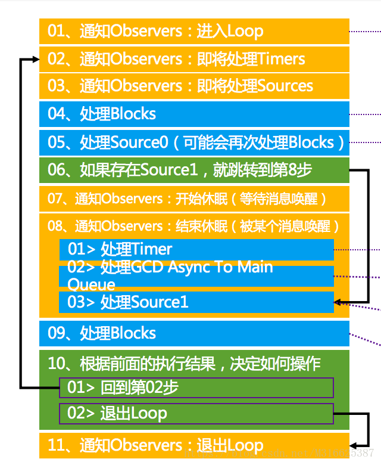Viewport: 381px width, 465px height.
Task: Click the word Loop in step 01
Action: click(x=245, y=31)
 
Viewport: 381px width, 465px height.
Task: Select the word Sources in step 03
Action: click(x=285, y=86)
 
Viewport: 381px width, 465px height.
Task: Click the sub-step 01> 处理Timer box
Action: click(x=196, y=249)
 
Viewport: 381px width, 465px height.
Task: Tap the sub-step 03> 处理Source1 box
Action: click(x=196, y=302)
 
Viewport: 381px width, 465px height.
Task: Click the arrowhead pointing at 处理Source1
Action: click(x=338, y=302)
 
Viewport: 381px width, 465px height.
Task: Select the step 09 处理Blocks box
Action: click(x=194, y=333)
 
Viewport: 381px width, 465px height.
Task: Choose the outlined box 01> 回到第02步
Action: click(x=196, y=387)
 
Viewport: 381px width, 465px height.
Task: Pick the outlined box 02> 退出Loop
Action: click(x=196, y=413)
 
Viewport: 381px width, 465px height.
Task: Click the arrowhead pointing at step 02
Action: click(x=36, y=60)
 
